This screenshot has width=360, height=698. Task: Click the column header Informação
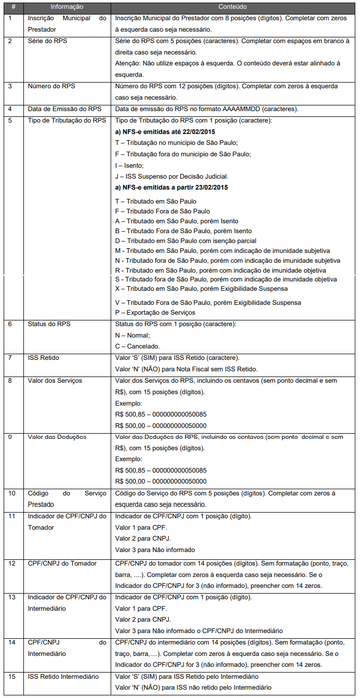(x=66, y=7)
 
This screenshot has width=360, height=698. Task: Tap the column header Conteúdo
(x=232, y=7)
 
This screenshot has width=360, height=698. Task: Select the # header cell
(x=13, y=7)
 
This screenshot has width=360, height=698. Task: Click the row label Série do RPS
(x=47, y=41)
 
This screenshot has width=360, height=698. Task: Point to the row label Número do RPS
(x=51, y=86)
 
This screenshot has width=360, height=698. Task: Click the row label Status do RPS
(x=49, y=324)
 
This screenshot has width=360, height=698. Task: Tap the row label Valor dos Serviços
(x=55, y=381)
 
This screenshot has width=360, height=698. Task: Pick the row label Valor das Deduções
(x=57, y=437)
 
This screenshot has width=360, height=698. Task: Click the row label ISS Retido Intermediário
(x=63, y=676)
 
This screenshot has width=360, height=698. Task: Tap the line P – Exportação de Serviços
(x=155, y=312)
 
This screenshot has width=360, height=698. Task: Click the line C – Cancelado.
(x=138, y=346)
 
